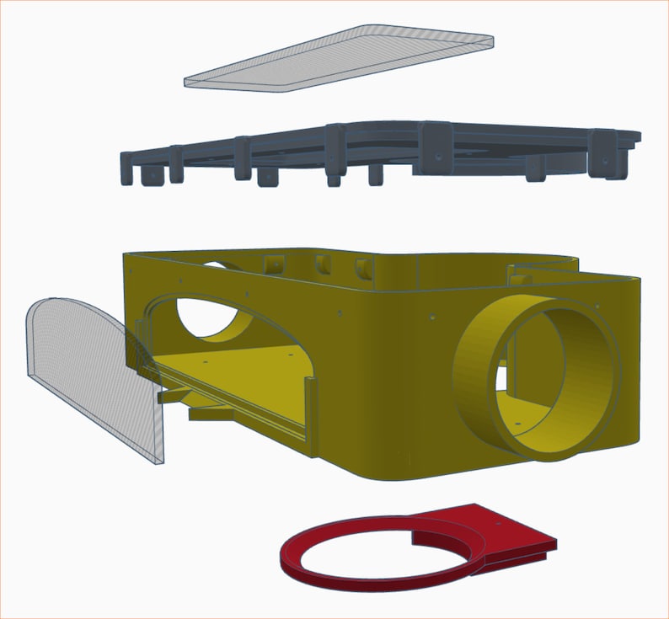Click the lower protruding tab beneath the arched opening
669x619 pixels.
point(211,414)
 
